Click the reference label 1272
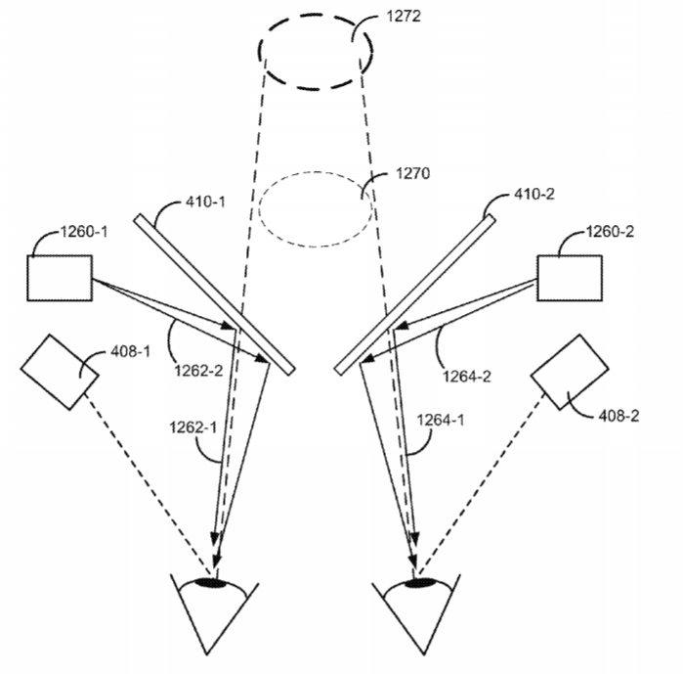tap(404, 16)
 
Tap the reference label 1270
tap(412, 173)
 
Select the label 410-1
tap(205, 202)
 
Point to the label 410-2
tap(534, 194)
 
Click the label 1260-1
tap(84, 232)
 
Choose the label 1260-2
tap(610, 232)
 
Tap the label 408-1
tap(130, 351)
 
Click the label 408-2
tap(619, 416)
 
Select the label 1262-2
tap(198, 371)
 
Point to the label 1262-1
tap(192, 427)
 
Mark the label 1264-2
tap(467, 377)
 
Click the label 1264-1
tap(441, 420)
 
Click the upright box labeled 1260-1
tap(60, 278)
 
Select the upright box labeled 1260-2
tap(570, 278)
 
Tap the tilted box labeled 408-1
tap(60, 372)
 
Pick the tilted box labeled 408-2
tap(570, 372)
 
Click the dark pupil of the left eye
tap(211, 582)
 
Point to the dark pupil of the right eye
tap(421, 582)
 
